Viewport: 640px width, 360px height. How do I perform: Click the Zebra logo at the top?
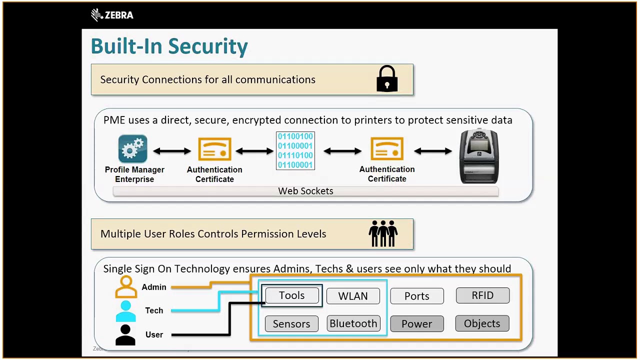point(112,15)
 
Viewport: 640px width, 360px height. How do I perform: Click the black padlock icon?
point(387,79)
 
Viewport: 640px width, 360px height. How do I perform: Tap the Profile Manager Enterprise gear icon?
point(132,149)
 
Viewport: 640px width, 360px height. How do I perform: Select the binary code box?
point(295,150)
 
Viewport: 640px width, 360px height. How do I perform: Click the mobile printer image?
point(479,156)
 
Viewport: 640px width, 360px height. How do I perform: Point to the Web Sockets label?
point(305,191)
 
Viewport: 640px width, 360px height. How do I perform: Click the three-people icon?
point(383,233)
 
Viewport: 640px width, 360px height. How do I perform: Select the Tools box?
point(291,295)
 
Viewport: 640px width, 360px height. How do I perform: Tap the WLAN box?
point(353,296)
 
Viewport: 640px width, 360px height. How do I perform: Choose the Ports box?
point(417,296)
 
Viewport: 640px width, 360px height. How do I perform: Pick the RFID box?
point(482,295)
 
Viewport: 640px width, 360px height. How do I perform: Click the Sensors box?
point(291,324)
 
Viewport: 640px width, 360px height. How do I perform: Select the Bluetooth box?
point(353,323)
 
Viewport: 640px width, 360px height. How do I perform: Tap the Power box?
point(417,324)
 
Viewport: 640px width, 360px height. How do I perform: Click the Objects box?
point(482,323)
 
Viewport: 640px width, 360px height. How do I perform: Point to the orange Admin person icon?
point(126,287)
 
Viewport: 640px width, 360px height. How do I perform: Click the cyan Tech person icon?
point(125,311)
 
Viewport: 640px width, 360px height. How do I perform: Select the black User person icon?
point(125,334)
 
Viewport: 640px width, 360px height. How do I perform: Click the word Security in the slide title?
point(208,46)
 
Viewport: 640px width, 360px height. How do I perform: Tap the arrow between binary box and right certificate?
point(342,150)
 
